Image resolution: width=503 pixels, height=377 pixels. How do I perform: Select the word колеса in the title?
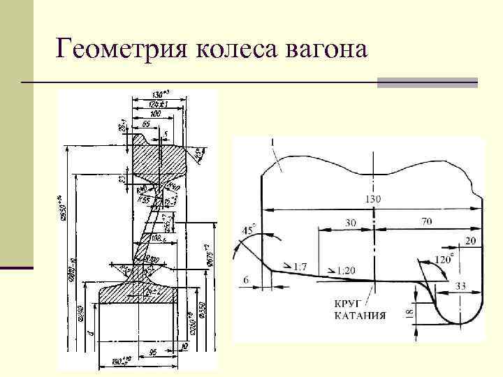click(x=236, y=50)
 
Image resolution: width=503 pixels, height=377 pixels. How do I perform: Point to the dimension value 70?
click(x=427, y=221)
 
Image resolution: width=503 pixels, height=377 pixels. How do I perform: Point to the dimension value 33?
click(x=462, y=286)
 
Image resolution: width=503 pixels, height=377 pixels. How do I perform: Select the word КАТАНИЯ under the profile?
click(x=359, y=316)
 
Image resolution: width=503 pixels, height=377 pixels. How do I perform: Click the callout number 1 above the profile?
click(x=272, y=143)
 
